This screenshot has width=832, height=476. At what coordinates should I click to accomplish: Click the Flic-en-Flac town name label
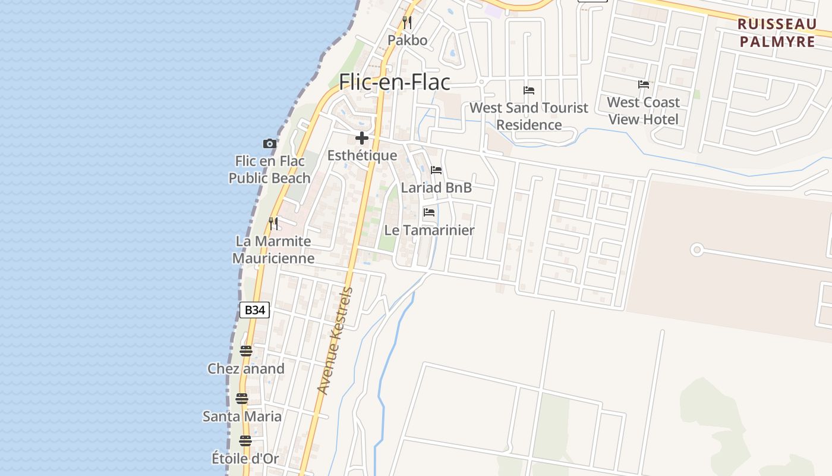[x=395, y=82]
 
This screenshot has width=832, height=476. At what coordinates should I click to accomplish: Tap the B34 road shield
[x=254, y=310]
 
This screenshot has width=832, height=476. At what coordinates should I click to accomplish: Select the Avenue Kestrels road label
[x=336, y=341]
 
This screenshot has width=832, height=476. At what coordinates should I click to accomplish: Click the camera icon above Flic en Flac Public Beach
[x=270, y=143]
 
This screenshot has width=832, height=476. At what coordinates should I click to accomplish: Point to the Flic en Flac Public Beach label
[x=270, y=170]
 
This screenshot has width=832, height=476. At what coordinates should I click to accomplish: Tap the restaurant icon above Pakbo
[x=407, y=23]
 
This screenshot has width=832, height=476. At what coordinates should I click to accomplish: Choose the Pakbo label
[x=407, y=40]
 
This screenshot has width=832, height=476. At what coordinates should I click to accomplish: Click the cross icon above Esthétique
[x=361, y=139]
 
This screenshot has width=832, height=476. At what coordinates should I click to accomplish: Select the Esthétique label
[x=362, y=155]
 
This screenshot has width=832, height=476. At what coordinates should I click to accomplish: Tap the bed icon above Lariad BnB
[x=436, y=170]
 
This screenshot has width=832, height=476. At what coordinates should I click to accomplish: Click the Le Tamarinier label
[x=429, y=230]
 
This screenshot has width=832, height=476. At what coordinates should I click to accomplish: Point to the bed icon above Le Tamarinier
[x=429, y=212]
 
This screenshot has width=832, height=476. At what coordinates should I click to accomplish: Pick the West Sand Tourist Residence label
[x=529, y=116]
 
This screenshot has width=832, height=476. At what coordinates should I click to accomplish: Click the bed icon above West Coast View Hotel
[x=644, y=84]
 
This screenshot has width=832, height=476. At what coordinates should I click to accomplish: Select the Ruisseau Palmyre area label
[x=777, y=33]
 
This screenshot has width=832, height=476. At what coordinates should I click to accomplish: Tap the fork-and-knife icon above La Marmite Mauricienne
[x=273, y=224]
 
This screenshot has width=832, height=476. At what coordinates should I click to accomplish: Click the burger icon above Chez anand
[x=246, y=350]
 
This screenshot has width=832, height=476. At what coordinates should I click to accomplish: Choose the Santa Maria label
[x=242, y=416]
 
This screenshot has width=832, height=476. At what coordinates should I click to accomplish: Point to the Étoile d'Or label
[x=245, y=459]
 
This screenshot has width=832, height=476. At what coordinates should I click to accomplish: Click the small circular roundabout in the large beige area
[x=697, y=250]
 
